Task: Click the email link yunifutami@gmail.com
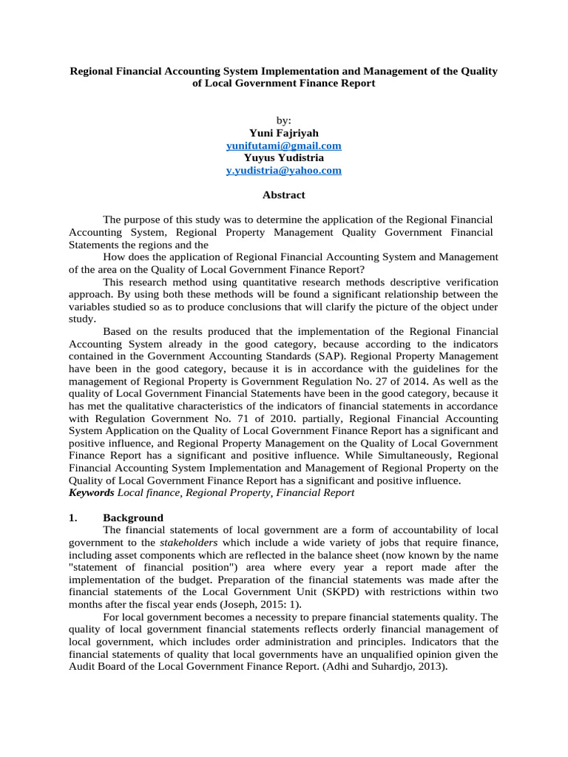click(283, 146)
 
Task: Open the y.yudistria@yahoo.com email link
click(283, 170)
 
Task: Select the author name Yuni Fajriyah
click(283, 134)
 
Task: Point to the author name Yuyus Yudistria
click(283, 158)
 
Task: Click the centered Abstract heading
click(283, 195)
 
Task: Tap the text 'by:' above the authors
click(283, 120)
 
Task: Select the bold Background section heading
click(133, 517)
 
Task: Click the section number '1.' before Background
click(73, 517)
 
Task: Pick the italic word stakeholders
click(188, 542)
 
